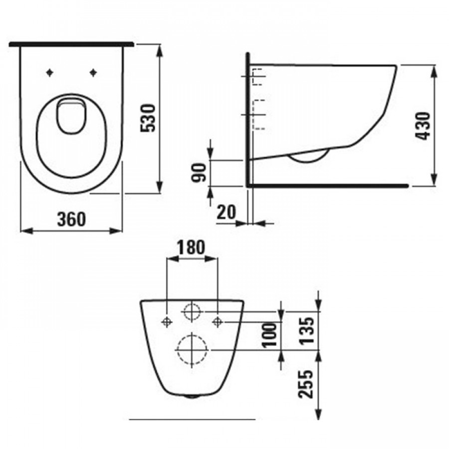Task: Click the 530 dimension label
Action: coord(148,118)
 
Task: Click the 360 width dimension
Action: coord(71,220)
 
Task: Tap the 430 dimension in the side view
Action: coord(423,126)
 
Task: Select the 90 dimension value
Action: coord(199,173)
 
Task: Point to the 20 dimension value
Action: coord(226,212)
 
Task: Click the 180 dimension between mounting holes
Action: coord(191,247)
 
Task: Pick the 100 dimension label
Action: coord(270,335)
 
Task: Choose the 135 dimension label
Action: coord(307,330)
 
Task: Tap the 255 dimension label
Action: coord(305,384)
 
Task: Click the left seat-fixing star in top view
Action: coord(50,73)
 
